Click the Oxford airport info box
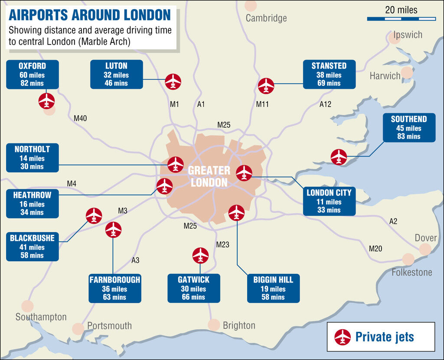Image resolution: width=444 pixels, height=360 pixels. pyautogui.click(x=32, y=74)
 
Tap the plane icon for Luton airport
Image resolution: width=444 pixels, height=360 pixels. pyautogui.click(x=173, y=81)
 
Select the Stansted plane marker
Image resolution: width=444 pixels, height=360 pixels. pyautogui.click(x=266, y=86)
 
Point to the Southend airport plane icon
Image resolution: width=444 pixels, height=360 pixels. pyautogui.click(x=339, y=157)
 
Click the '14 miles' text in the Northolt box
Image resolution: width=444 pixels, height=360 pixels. pyautogui.click(x=32, y=158)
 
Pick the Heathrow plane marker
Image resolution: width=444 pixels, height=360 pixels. pyautogui.click(x=164, y=186)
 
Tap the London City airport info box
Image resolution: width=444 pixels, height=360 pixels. pyautogui.click(x=329, y=201)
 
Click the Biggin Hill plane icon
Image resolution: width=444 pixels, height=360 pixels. pyautogui.click(x=236, y=213)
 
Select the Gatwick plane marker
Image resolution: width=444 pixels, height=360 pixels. pyautogui.click(x=200, y=255)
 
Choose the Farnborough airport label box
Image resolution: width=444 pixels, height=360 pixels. pyautogui.click(x=115, y=288)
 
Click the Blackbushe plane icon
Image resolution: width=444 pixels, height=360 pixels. pyautogui.click(x=94, y=215)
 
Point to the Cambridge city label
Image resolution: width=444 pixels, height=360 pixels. pyautogui.click(x=266, y=18)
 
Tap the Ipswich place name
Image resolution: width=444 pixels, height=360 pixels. pyautogui.click(x=408, y=35)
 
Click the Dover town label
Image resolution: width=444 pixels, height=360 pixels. pyautogui.click(x=426, y=238)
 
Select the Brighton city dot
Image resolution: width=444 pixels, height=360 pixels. pyautogui.click(x=214, y=324)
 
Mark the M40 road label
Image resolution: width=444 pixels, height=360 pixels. pyautogui.click(x=80, y=118)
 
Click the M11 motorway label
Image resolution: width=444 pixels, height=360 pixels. pyautogui.click(x=262, y=104)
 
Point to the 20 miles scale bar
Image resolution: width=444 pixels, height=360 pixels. pyautogui.click(x=401, y=19)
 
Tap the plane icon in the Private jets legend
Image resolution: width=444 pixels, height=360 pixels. pyautogui.click(x=343, y=337)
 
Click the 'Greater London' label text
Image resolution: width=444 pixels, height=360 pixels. pyautogui.click(x=209, y=176)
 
